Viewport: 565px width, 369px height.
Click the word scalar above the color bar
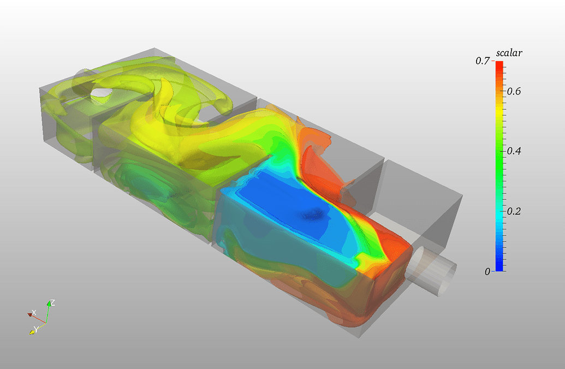509,53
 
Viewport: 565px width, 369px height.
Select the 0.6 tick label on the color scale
513,91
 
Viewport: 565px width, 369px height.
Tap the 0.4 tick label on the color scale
513,151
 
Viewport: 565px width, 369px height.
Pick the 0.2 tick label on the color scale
513,211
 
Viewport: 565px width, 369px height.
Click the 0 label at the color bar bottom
487,271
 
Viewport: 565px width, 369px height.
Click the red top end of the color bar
499,64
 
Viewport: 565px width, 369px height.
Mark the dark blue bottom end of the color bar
499,267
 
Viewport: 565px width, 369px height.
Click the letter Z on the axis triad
52,302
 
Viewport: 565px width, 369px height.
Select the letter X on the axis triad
34,312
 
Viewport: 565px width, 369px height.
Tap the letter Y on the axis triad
36,329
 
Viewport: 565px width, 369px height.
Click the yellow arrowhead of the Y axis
32,331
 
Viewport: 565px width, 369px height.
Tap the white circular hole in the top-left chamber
101,94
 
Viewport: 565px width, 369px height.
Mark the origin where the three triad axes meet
46,322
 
